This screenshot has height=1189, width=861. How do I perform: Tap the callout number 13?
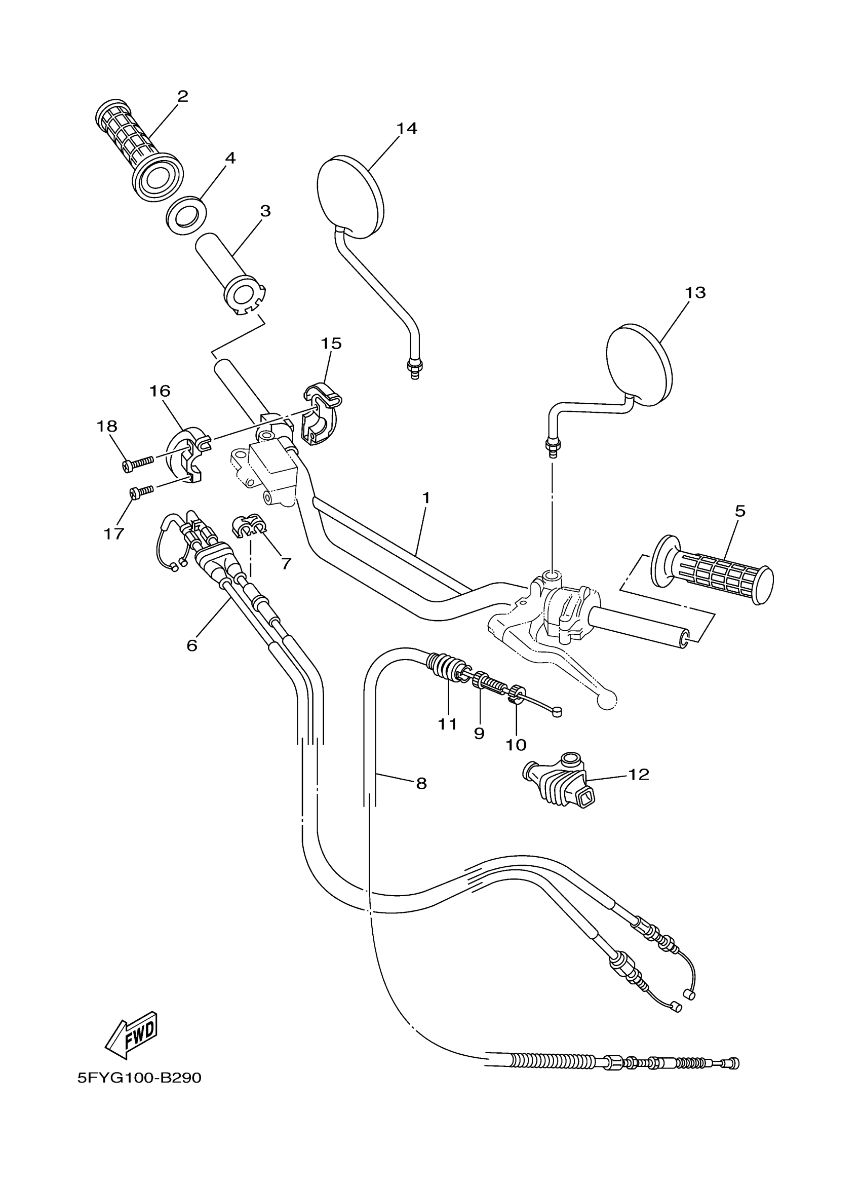point(695,292)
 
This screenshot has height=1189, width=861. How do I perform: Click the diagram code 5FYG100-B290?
point(139,1078)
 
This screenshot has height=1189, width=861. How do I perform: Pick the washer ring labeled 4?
point(186,214)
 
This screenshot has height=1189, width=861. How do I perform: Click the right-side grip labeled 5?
point(713,570)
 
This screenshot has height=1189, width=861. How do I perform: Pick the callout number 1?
point(426,497)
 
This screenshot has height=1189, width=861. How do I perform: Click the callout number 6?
point(192,645)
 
